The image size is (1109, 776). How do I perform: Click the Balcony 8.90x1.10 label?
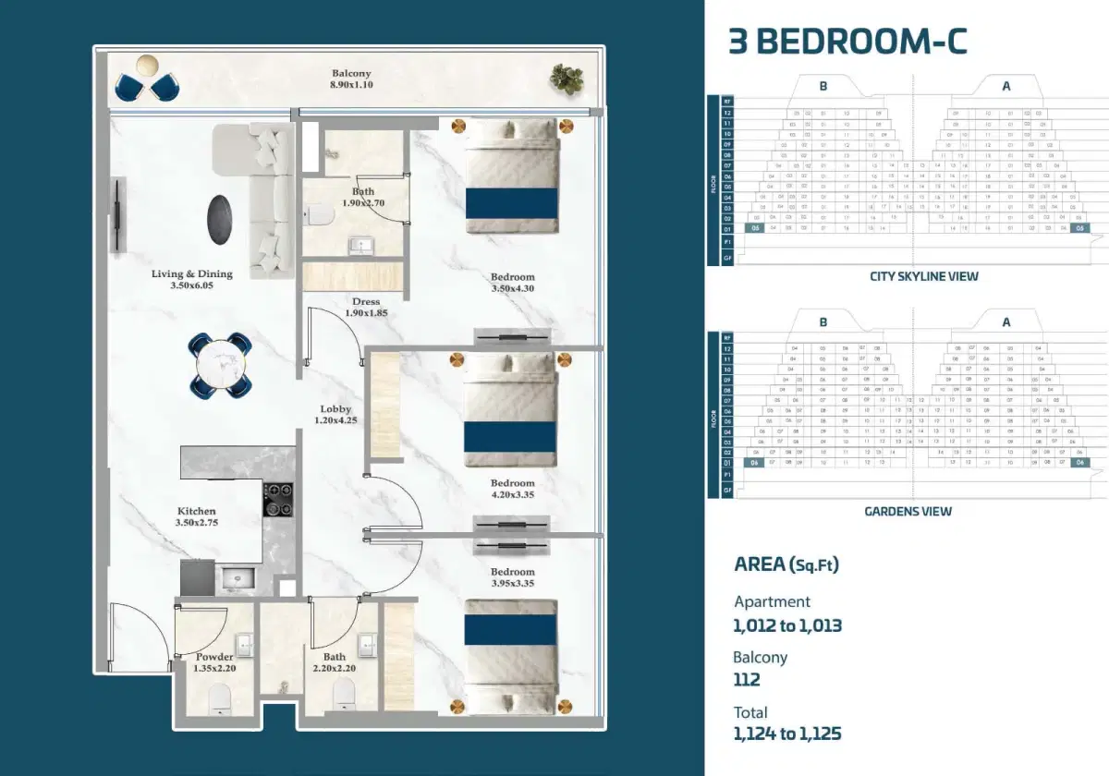[x=351, y=79]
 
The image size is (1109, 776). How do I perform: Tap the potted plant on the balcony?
[x=567, y=79]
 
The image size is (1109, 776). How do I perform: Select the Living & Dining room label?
[x=192, y=280]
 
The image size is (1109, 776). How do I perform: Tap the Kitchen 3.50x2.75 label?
[x=196, y=517]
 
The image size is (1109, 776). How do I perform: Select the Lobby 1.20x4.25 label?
[x=335, y=415]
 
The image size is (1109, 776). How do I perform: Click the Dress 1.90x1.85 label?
[x=366, y=308]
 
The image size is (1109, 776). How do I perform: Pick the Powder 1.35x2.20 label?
[x=214, y=662]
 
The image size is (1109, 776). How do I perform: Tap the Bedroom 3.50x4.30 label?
[x=512, y=283]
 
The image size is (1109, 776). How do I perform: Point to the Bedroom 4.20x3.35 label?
[x=512, y=489]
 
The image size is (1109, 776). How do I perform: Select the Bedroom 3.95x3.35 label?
[x=512, y=577]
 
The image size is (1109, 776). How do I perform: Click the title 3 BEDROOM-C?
[x=847, y=42]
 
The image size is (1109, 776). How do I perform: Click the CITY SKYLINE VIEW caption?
[x=923, y=276]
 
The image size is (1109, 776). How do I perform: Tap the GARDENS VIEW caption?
[x=908, y=511]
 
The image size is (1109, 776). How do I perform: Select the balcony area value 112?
[x=747, y=680]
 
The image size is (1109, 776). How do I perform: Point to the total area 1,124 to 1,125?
[x=786, y=734]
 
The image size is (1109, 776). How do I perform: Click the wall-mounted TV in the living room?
[x=117, y=215]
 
